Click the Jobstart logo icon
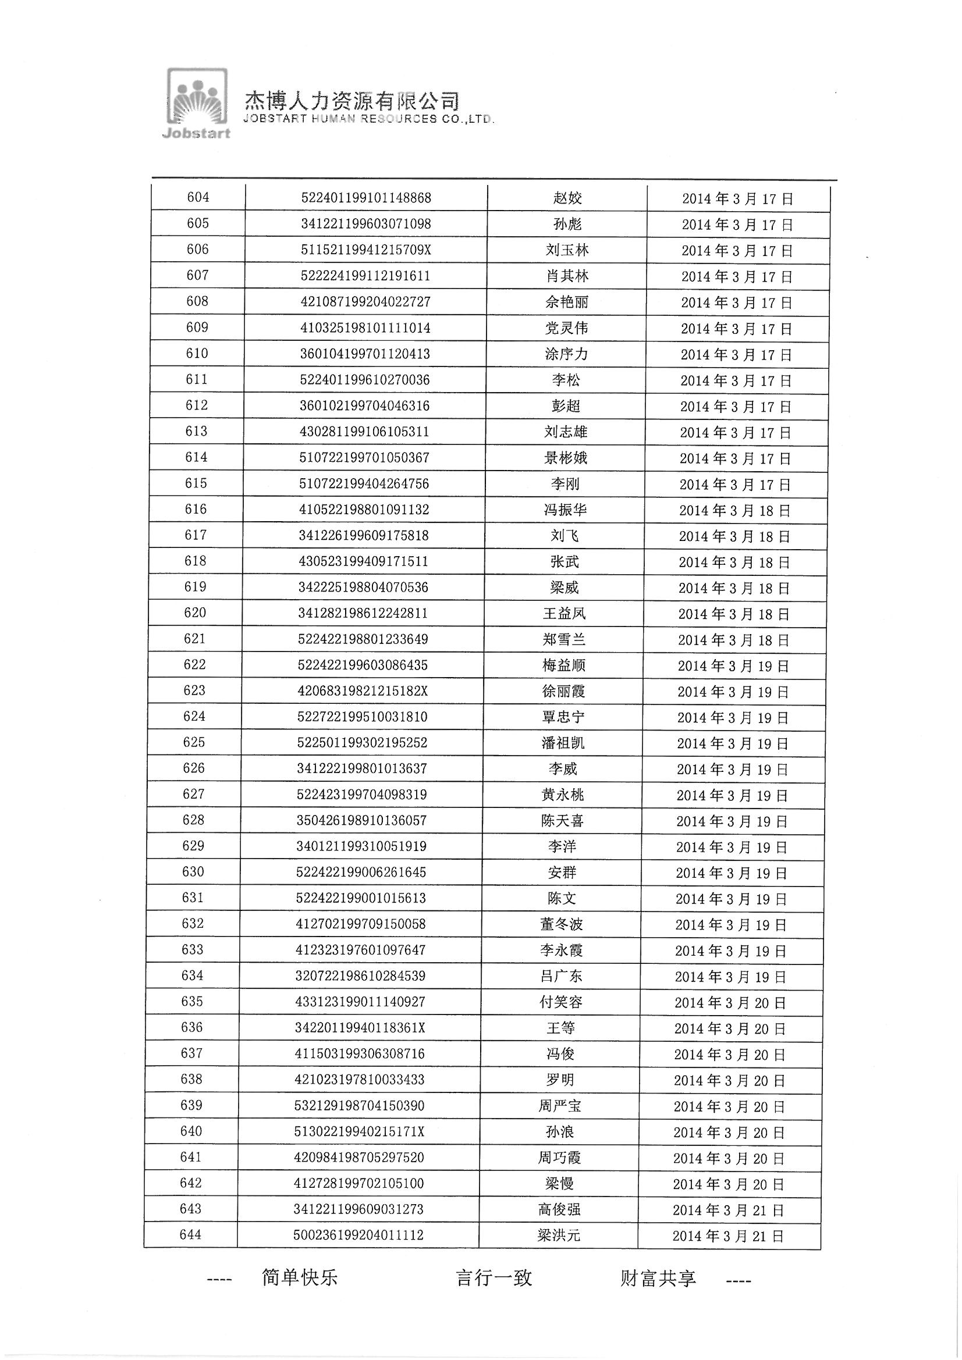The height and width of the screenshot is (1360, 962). click(196, 103)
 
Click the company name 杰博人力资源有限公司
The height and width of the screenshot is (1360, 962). click(352, 101)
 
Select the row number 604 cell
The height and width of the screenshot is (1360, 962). click(198, 197)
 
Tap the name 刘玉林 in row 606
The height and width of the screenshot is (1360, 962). click(567, 250)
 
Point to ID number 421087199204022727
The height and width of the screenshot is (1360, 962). click(365, 301)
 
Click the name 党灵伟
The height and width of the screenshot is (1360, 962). click(566, 327)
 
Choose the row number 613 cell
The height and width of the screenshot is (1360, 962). click(196, 431)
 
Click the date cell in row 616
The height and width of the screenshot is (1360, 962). click(734, 511)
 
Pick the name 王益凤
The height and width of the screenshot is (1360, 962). click(565, 614)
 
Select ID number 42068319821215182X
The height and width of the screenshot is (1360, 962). click(363, 691)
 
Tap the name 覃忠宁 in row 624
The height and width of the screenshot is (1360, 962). click(563, 717)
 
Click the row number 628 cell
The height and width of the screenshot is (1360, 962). click(194, 820)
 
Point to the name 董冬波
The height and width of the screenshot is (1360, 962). click(562, 924)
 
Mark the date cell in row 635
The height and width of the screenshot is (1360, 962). click(730, 1003)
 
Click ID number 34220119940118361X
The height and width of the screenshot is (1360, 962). click(360, 1028)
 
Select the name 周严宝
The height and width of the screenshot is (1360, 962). click(559, 1106)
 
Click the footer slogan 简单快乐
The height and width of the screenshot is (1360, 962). click(299, 1277)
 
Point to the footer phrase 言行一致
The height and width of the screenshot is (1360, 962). click(494, 1277)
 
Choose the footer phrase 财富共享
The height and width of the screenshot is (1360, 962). click(658, 1277)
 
